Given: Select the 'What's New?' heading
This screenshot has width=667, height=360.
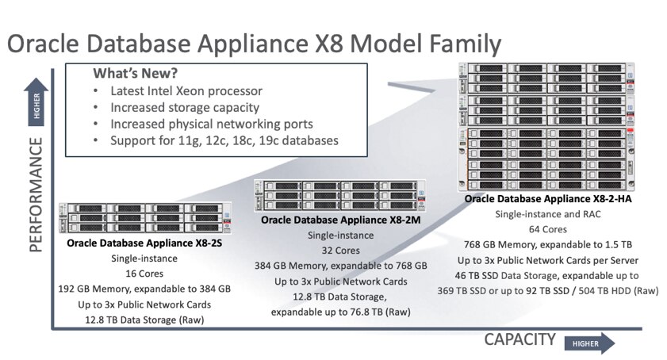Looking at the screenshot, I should (x=136, y=73).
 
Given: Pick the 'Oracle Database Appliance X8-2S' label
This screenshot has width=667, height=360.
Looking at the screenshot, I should (x=144, y=243).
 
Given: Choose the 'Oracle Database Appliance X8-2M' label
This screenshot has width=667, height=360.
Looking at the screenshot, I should (x=340, y=220).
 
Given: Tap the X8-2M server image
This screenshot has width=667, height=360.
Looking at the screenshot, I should (x=340, y=195).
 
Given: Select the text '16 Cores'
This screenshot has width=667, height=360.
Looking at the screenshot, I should (x=144, y=274).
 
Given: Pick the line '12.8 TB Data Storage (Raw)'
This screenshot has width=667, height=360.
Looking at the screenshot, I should (x=144, y=320).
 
